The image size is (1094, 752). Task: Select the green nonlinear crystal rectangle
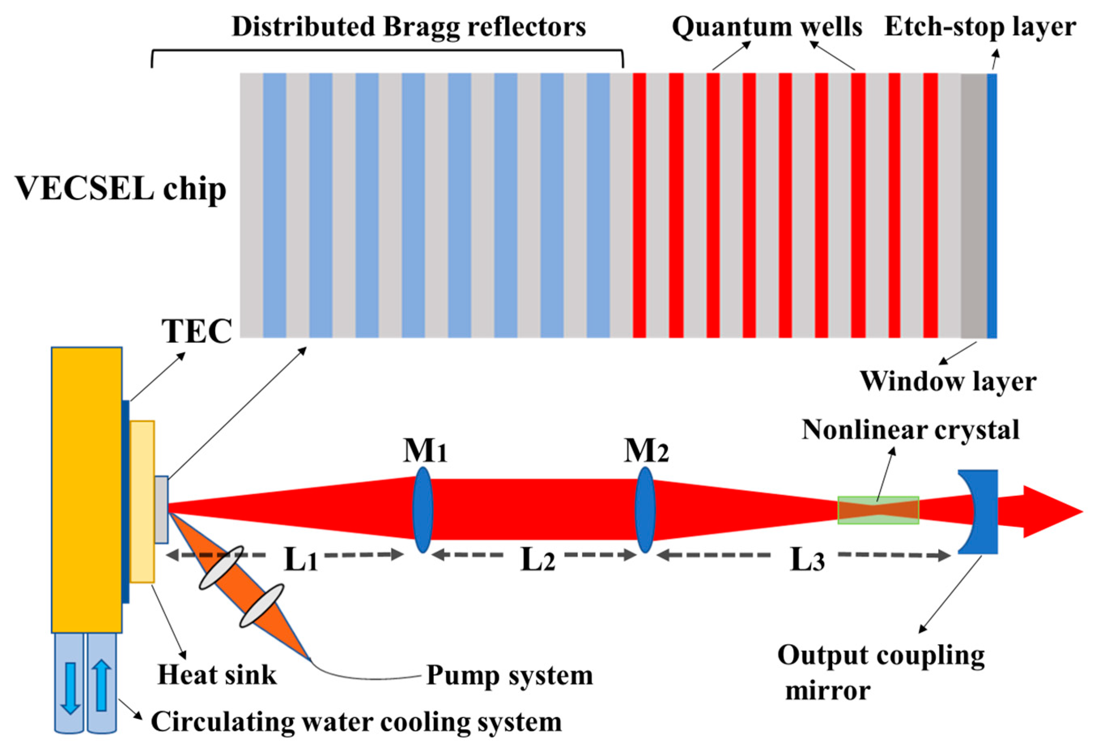pos(878,510)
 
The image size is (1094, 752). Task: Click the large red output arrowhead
pos(1051,511)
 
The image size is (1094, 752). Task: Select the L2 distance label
pos(537,560)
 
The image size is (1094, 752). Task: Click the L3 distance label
pos(807,560)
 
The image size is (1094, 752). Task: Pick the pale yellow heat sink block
pos(142,501)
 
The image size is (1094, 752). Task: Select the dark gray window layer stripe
pos(973,206)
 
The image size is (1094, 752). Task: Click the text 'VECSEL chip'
pos(121,189)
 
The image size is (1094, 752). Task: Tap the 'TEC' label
pos(197,331)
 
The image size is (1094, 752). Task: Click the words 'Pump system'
pos(509,675)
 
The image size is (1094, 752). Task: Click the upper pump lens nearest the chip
pos(221,567)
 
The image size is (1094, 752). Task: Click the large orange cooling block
pos(87,490)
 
